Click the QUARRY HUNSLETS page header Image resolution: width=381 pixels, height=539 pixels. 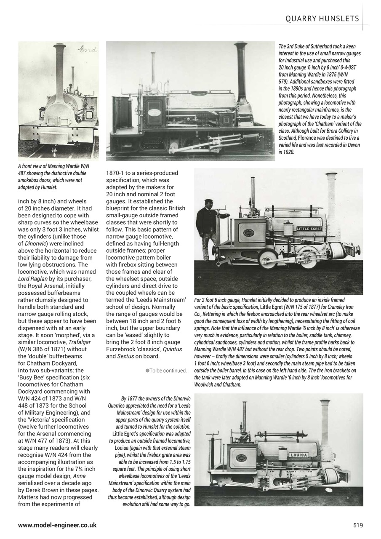tap(322, 19)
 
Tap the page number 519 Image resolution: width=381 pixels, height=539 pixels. tap(358, 525)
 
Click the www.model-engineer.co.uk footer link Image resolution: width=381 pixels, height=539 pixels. tap(57, 525)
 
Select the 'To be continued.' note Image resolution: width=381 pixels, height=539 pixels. tap(166, 371)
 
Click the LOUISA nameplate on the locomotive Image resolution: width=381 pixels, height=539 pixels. tap(299, 455)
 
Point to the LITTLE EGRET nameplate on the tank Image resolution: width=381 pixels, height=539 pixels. tap(309, 229)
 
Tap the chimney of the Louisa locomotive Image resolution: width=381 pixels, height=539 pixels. tap(325, 421)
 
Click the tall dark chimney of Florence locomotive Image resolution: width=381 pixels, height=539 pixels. tap(241, 72)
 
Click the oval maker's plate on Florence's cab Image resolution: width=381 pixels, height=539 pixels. tap(155, 113)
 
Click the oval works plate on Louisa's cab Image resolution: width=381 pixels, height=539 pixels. tap(241, 458)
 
